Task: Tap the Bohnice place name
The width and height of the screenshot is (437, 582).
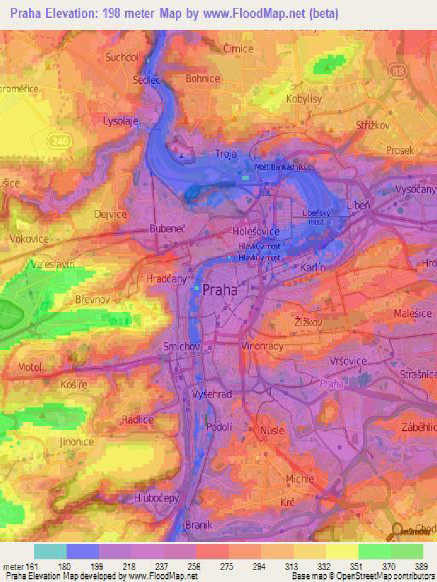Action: pos(203,79)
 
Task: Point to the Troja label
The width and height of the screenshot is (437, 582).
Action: pos(225,154)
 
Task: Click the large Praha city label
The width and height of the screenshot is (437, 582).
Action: pos(220,289)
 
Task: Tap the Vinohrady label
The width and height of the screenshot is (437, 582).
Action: pos(262,346)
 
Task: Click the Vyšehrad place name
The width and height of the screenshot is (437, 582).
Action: pos(212,394)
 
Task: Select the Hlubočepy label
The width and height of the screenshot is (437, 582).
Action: pos(156,498)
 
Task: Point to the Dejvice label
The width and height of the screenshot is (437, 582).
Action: pos(111,214)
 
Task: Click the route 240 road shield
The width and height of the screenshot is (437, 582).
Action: pos(57,140)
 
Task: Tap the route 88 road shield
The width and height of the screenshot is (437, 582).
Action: pos(397,70)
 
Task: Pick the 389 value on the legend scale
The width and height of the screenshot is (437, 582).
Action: pos(422,567)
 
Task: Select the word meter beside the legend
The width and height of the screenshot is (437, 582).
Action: pos(14,567)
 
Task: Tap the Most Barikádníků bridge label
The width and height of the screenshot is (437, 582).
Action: pos(281,167)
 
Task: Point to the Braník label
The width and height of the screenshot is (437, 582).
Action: pos(199,525)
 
